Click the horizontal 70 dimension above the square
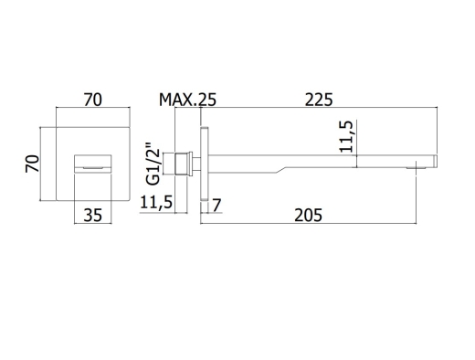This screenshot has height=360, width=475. (x=93, y=100)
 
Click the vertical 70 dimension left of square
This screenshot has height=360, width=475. (x=32, y=164)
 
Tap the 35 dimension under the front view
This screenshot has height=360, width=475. (x=93, y=215)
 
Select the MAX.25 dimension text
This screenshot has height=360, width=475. (x=187, y=100)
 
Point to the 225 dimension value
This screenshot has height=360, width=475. (x=319, y=100)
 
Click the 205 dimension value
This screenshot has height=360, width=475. (x=308, y=215)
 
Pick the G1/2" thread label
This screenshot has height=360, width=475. (x=153, y=164)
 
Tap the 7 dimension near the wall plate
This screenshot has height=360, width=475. (x=216, y=205)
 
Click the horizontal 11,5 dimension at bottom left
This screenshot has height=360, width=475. (x=156, y=203)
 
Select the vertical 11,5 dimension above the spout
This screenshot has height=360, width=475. (x=346, y=136)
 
